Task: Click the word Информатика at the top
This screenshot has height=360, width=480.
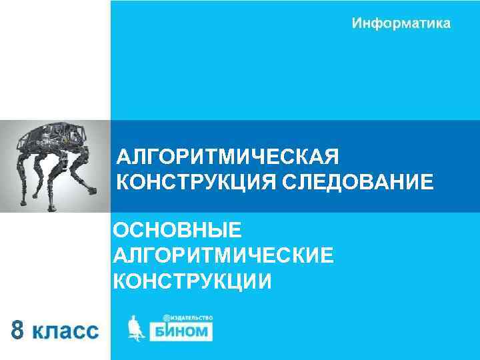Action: click(x=401, y=24)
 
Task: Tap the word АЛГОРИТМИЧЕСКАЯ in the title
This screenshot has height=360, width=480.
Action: click(x=228, y=158)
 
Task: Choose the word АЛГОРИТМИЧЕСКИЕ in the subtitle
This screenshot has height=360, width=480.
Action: click(x=223, y=256)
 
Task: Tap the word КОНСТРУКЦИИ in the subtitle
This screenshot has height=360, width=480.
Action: click(x=193, y=281)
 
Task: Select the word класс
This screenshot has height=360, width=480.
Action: click(x=65, y=331)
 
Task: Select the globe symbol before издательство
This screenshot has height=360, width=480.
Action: click(x=167, y=317)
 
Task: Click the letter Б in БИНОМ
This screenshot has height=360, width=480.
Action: click(x=161, y=331)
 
